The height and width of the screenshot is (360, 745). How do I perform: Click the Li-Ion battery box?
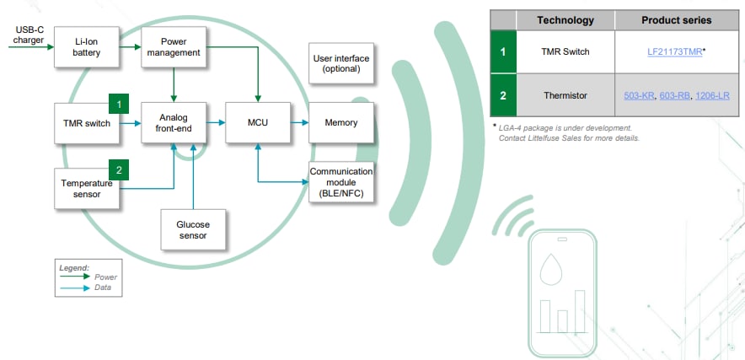(x=87, y=46)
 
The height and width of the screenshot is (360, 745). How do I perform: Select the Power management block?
(x=174, y=46)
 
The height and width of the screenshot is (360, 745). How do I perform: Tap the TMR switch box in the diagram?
(x=86, y=123)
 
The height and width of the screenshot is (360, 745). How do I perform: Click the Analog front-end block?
(x=173, y=123)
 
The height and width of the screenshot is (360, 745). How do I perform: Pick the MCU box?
(x=258, y=123)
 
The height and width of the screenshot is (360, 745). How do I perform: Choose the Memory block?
(x=341, y=123)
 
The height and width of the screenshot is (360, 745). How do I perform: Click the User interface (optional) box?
(x=341, y=63)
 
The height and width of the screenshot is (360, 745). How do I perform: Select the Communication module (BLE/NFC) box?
(x=341, y=183)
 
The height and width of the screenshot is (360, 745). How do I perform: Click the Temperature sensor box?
(x=86, y=188)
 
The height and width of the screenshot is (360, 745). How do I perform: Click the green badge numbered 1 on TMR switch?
(x=120, y=104)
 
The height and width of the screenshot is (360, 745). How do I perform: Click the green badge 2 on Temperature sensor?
(x=120, y=169)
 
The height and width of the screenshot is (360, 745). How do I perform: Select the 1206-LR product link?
(x=713, y=95)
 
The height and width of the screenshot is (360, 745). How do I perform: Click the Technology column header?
(x=565, y=20)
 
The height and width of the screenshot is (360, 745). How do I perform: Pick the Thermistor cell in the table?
(x=565, y=95)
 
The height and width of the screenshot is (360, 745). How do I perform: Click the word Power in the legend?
(x=105, y=277)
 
